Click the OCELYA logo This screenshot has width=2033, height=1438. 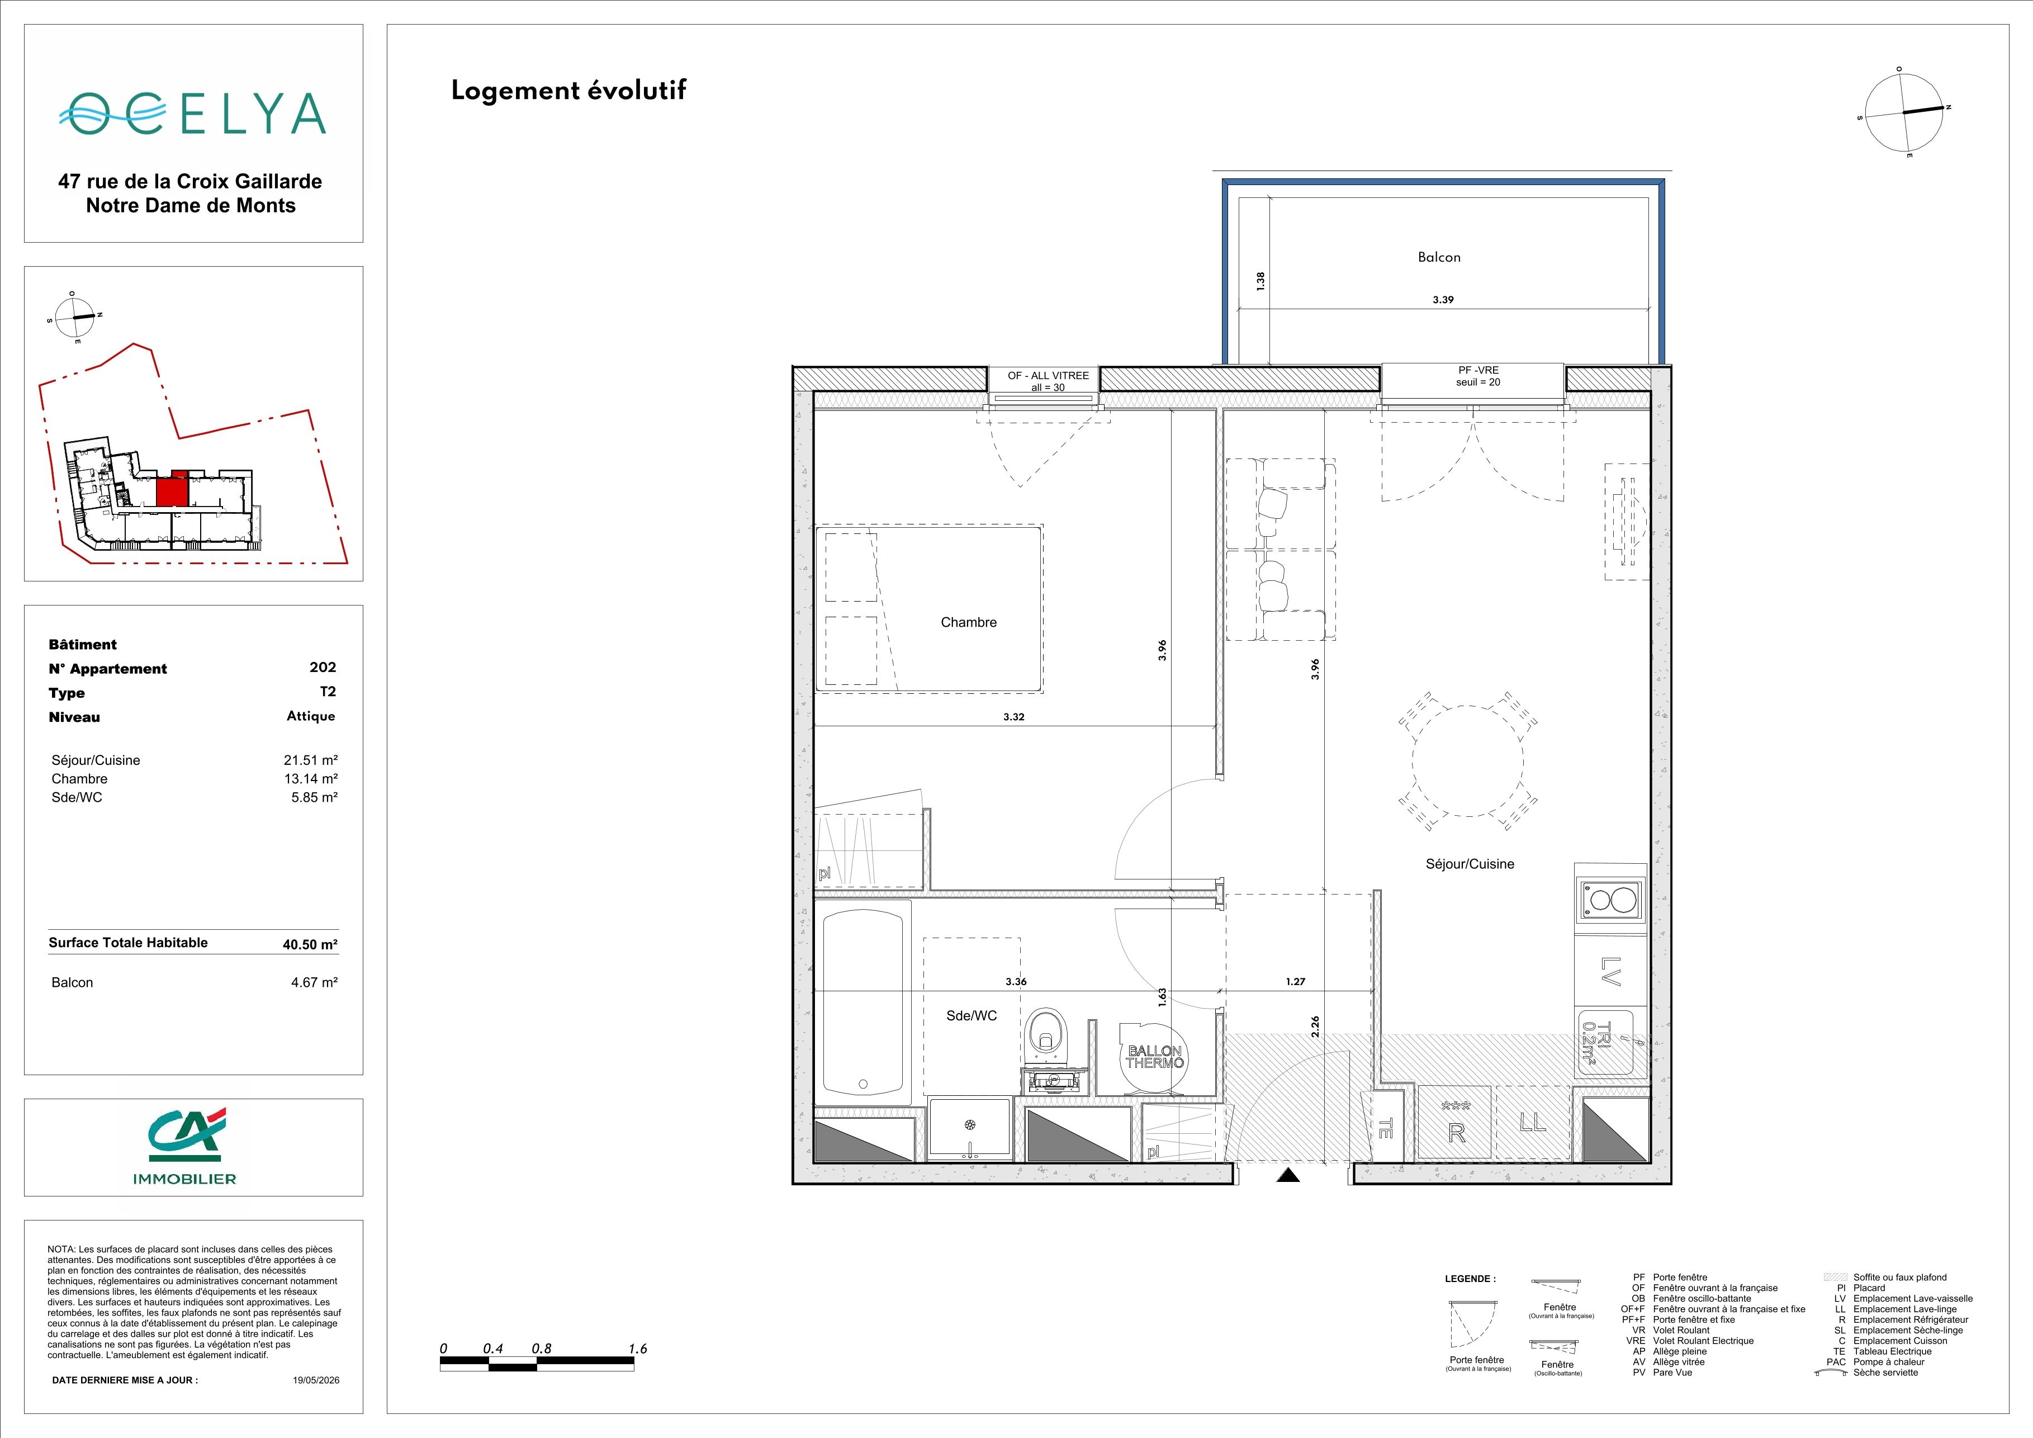coord(192,113)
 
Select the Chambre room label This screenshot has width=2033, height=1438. coord(969,622)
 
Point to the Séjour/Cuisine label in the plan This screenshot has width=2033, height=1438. coord(1470,864)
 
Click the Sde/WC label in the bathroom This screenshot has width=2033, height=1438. coord(972,1016)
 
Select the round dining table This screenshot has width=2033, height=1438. coord(1468,761)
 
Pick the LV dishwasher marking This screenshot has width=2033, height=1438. coord(1610,971)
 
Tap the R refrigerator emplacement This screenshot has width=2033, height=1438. coord(1457,1133)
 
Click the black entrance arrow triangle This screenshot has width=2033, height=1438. coord(1289,1175)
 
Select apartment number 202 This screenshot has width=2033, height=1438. coord(323,668)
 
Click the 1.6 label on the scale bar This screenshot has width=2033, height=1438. coord(638,1349)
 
